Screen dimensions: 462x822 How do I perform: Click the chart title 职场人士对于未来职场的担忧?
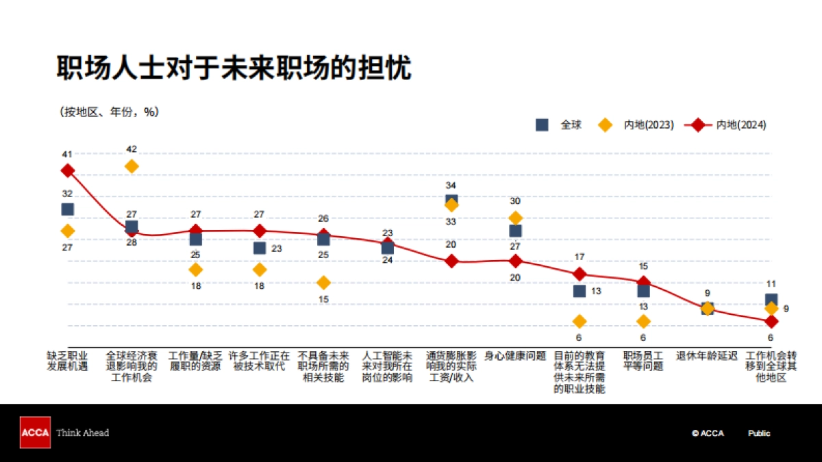(234, 68)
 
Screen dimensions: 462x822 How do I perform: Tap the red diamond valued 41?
(67, 170)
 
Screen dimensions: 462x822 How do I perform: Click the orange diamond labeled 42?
(132, 166)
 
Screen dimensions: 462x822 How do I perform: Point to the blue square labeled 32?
(67, 209)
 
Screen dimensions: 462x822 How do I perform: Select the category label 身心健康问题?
(515, 356)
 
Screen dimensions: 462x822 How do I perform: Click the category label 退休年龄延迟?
(707, 356)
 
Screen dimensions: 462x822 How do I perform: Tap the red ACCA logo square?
(35, 433)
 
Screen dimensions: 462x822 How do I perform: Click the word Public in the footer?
(759, 433)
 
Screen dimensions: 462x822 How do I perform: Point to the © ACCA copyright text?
(707, 433)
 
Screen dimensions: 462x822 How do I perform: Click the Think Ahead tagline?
(82, 433)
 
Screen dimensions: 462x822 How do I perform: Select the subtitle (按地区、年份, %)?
(109, 112)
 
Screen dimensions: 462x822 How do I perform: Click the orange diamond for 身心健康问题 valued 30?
(515, 218)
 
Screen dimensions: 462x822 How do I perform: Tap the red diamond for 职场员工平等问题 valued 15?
(643, 282)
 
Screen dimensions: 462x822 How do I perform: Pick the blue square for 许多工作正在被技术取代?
(260, 248)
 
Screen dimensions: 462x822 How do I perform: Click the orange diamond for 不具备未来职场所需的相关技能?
(323, 283)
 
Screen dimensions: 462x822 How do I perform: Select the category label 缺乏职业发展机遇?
(67, 361)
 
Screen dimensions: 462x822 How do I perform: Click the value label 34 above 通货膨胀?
(451, 185)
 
